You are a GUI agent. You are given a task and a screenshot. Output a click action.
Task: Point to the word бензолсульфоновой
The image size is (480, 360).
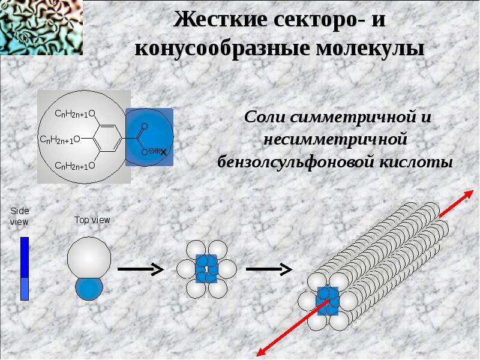pyautogui.click(x=296, y=161)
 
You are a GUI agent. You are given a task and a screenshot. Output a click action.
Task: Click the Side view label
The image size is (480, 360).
pyautogui.click(x=19, y=217)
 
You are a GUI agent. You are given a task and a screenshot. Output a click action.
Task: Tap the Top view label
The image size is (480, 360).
pyautogui.click(x=92, y=220)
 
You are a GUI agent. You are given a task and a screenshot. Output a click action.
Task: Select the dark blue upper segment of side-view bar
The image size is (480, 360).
pyautogui.click(x=25, y=257)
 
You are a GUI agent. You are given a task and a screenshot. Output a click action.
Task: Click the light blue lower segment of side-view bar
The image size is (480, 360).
pyautogui.click(x=25, y=289)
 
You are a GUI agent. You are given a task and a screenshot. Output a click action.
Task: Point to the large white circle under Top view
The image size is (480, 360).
pyautogui.click(x=89, y=258)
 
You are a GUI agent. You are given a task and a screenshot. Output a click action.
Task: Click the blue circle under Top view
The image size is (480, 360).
pyautogui.click(x=89, y=289)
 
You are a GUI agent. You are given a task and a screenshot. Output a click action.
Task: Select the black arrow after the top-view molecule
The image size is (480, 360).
pyautogui.click(x=140, y=269)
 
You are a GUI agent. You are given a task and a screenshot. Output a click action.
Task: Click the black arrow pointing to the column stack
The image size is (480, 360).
pyautogui.click(x=269, y=269)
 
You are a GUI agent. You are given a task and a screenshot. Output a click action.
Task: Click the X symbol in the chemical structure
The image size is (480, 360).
pyautogui.click(x=164, y=152)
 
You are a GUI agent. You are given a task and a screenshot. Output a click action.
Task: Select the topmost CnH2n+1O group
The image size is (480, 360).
pyautogui.click(x=75, y=114)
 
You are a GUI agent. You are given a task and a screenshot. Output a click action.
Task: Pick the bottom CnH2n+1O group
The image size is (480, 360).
pyautogui.click(x=75, y=166)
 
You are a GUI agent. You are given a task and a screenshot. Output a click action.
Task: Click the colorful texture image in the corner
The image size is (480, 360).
pyautogui.click(x=41, y=28)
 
